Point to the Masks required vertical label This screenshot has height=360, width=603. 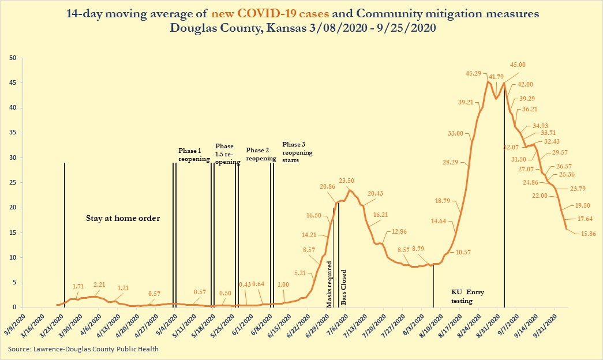(x=329, y=284)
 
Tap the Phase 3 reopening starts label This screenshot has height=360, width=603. (x=297, y=152)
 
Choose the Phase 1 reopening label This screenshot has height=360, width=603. (x=193, y=155)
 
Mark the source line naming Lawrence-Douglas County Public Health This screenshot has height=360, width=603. (x=83, y=349)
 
